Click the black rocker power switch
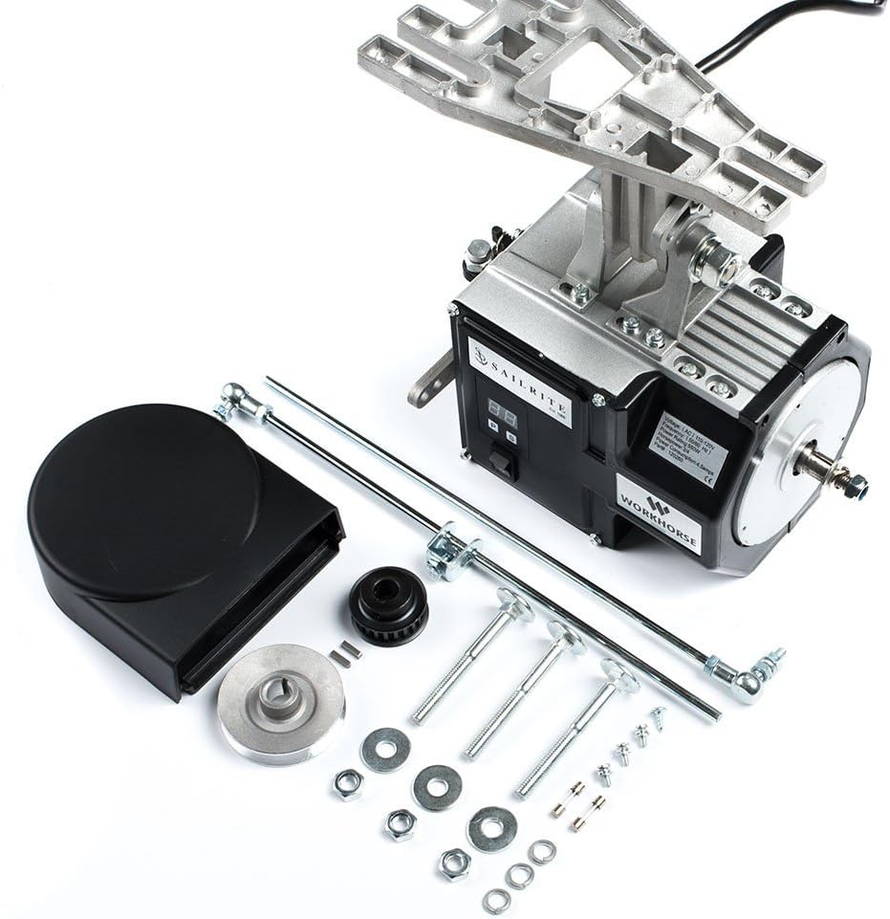point(500,465)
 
